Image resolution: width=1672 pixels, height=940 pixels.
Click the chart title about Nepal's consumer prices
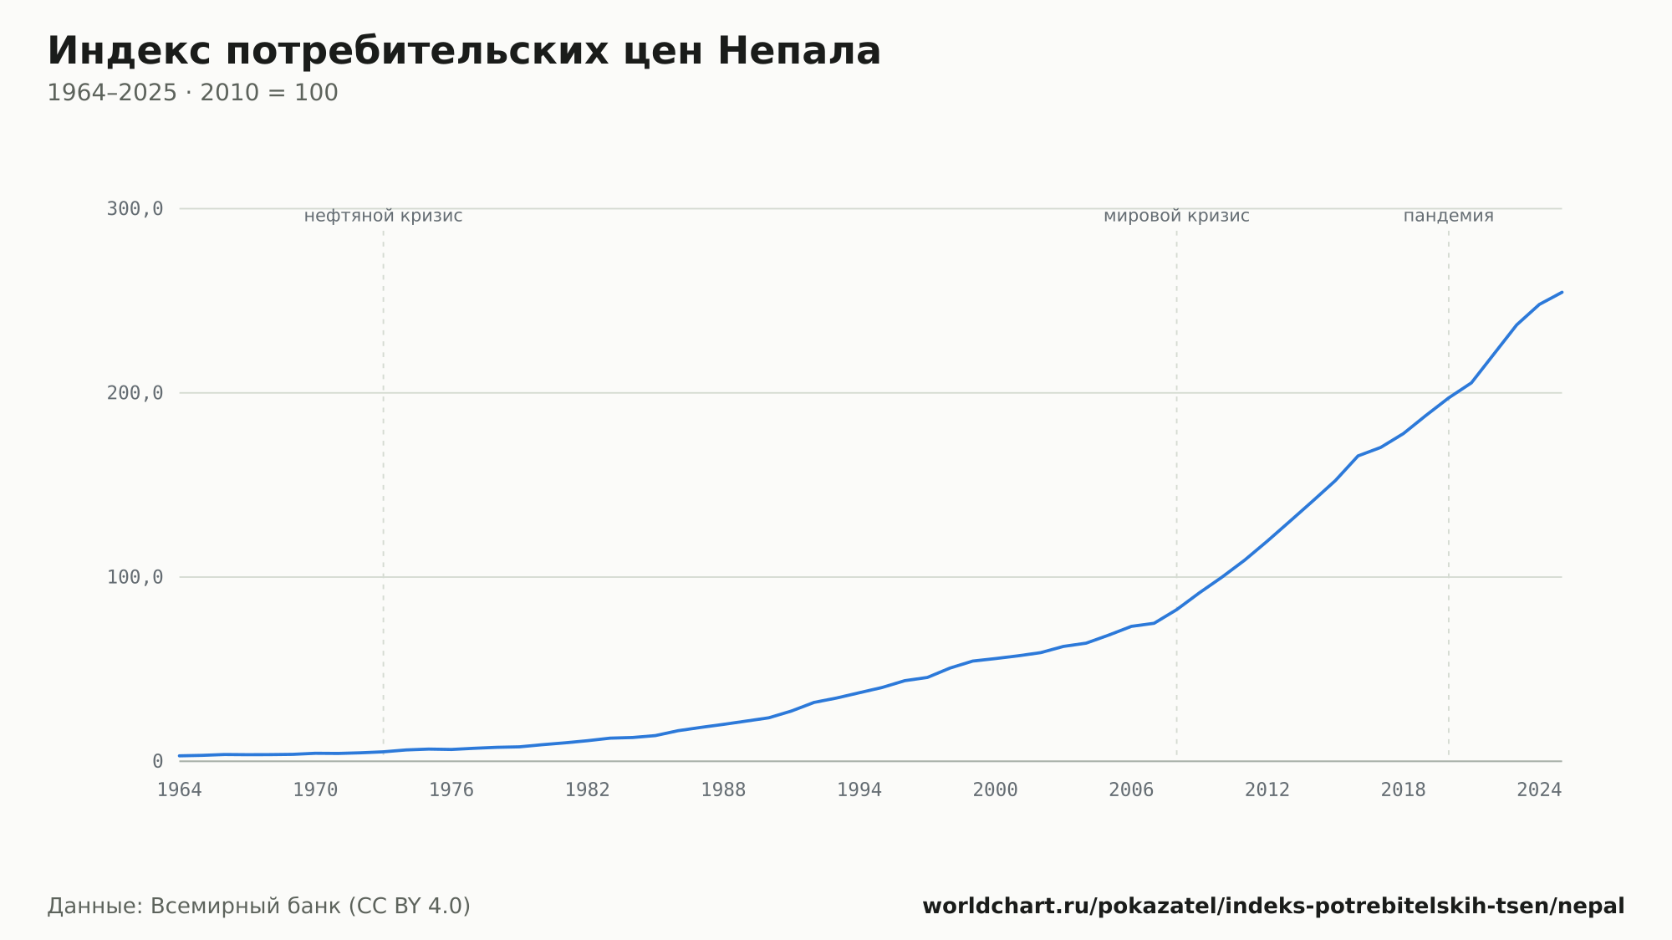pyautogui.click(x=464, y=51)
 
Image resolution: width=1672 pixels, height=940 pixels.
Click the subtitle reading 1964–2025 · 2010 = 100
pyautogui.click(x=192, y=93)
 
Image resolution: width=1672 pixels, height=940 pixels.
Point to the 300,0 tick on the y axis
pyautogui.click(x=135, y=209)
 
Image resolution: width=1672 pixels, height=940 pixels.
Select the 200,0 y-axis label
pyautogui.click(x=135, y=393)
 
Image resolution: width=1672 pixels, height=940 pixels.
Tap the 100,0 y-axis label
pyautogui.click(x=135, y=577)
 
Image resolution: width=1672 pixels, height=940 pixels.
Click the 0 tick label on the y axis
pyautogui.click(x=157, y=761)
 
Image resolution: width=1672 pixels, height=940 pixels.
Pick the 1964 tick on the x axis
pyautogui.click(x=180, y=790)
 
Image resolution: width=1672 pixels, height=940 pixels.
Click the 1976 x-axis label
pyautogui.click(x=451, y=790)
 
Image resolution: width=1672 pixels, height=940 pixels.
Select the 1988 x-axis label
pyautogui.click(x=723, y=790)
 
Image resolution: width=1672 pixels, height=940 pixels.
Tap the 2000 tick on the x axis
pyautogui.click(x=996, y=790)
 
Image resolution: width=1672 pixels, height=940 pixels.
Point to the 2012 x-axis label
pyautogui.click(x=1267, y=790)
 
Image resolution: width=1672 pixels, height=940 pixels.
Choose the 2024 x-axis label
pyautogui.click(x=1539, y=790)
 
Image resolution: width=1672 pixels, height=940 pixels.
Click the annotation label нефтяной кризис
pyautogui.click(x=383, y=216)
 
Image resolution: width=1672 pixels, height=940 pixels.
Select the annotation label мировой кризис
pyautogui.click(x=1176, y=216)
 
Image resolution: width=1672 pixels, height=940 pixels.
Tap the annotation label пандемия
pyautogui.click(x=1448, y=216)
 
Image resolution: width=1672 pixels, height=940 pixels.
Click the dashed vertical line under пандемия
pyautogui.click(x=1449, y=493)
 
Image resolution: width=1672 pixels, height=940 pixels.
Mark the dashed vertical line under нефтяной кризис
pyautogui.click(x=384, y=493)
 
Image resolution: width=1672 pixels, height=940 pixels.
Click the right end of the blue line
pyautogui.click(x=1562, y=292)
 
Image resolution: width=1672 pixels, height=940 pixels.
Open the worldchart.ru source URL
pyautogui.click(x=1273, y=907)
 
